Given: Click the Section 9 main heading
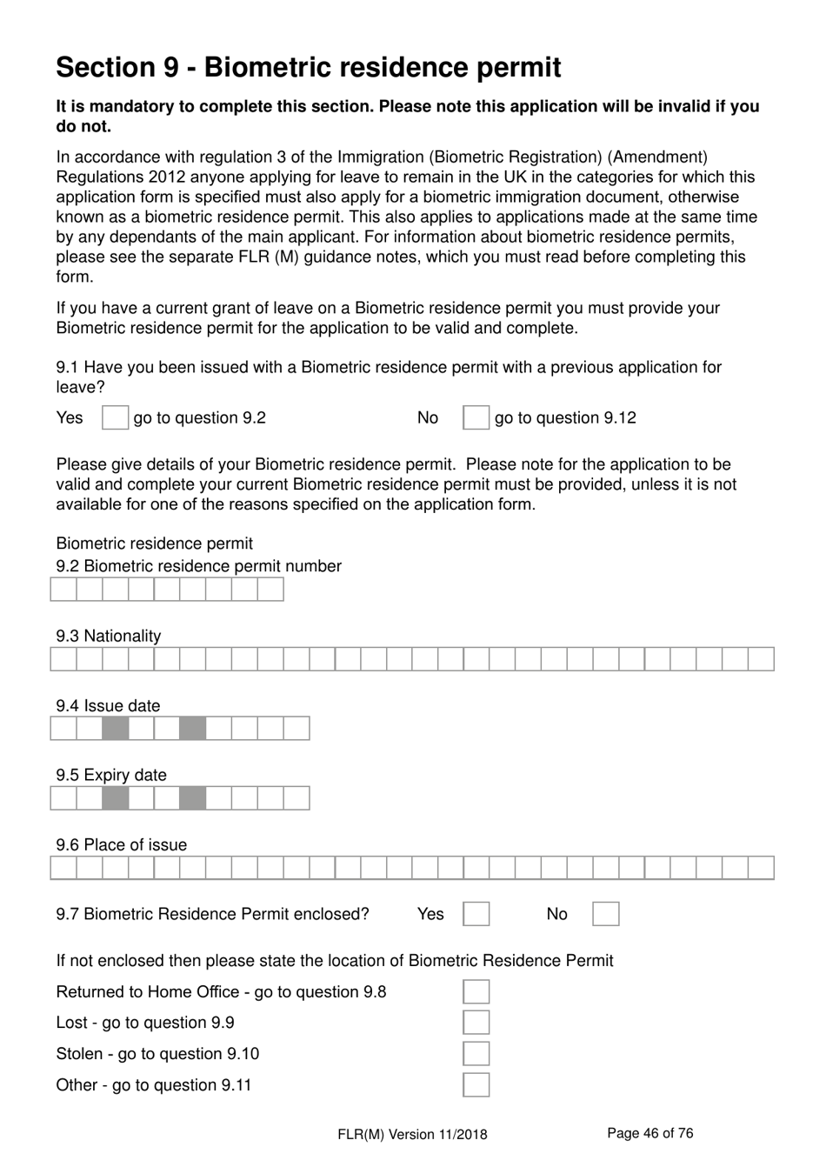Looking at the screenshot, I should click(308, 67).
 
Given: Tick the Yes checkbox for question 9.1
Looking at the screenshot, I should click(115, 418).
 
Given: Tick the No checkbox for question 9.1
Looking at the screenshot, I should click(476, 418).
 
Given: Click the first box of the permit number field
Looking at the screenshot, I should click(63, 590).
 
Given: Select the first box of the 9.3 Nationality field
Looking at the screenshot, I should click(63, 659).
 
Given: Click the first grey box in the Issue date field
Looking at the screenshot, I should click(115, 729).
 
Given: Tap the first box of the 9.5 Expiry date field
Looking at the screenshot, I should click(63, 798).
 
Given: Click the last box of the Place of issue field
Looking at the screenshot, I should click(761, 868).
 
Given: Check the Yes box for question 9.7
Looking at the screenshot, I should click(476, 914).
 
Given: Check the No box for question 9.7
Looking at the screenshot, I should click(605, 914).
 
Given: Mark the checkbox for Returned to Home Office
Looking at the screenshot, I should click(476, 992).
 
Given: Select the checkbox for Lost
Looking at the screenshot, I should click(476, 1023).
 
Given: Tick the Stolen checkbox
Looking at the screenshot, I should click(476, 1054).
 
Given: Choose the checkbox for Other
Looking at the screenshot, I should click(476, 1085).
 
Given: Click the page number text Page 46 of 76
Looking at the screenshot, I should click(649, 1133).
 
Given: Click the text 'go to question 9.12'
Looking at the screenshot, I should click(565, 418).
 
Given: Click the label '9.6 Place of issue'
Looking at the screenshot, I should click(121, 844).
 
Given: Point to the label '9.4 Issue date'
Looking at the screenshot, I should click(108, 705).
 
